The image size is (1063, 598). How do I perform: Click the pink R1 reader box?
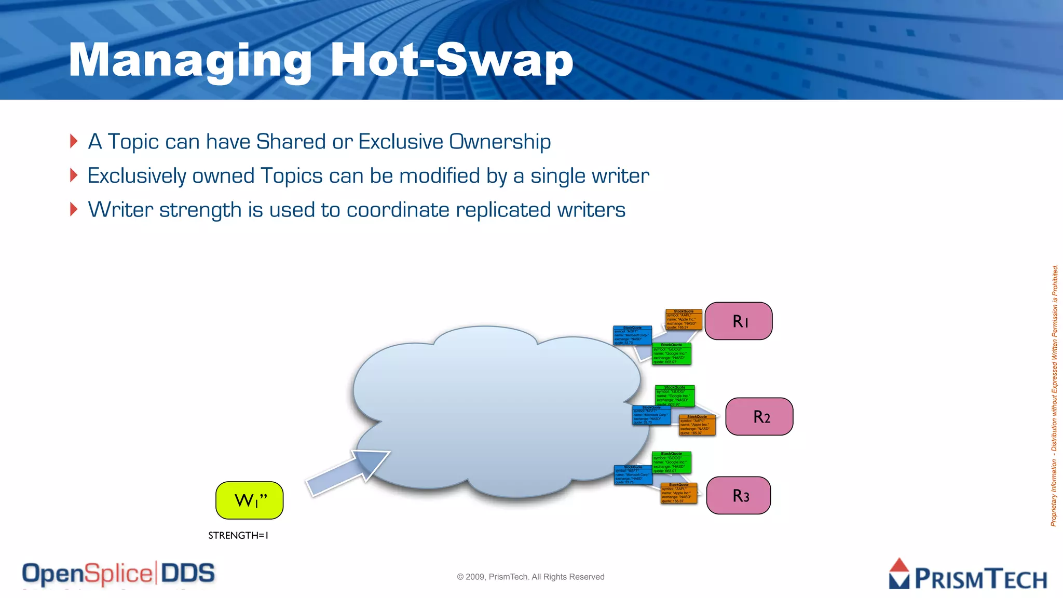tap(738, 321)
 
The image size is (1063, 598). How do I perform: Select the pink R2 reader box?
tap(759, 416)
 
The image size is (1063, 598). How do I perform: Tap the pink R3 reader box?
tap(738, 495)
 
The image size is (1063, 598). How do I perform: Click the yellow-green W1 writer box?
tap(249, 500)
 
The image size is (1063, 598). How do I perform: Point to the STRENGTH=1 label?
tap(238, 535)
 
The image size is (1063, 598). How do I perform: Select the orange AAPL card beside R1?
tap(684, 320)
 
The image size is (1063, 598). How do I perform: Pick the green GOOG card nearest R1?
tap(672, 354)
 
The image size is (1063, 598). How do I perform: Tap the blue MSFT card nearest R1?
tap(632, 335)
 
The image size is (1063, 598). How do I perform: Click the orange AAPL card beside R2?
tap(697, 425)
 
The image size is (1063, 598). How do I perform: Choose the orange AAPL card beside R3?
tap(678, 493)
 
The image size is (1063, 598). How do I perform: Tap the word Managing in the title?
tap(190, 61)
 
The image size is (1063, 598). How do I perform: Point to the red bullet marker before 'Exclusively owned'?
tap(74, 175)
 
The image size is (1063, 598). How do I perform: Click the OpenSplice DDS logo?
tap(118, 574)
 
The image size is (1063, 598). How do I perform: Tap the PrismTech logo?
tap(967, 575)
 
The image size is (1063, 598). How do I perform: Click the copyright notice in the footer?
tap(530, 577)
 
